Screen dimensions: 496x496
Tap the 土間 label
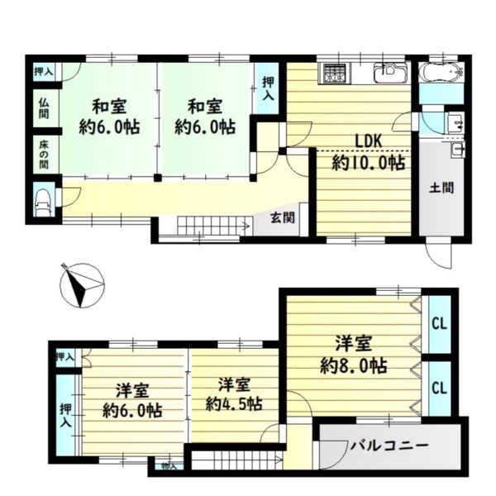(x=440, y=188)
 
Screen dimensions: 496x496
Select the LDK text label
(x=369, y=141)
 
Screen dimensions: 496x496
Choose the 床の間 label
(x=43, y=153)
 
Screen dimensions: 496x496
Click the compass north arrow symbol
(x=79, y=284)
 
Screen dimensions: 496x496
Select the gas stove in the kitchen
(x=335, y=73)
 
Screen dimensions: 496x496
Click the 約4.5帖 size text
(x=235, y=404)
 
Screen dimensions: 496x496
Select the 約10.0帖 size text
(x=369, y=164)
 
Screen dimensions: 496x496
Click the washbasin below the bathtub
(x=452, y=123)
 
